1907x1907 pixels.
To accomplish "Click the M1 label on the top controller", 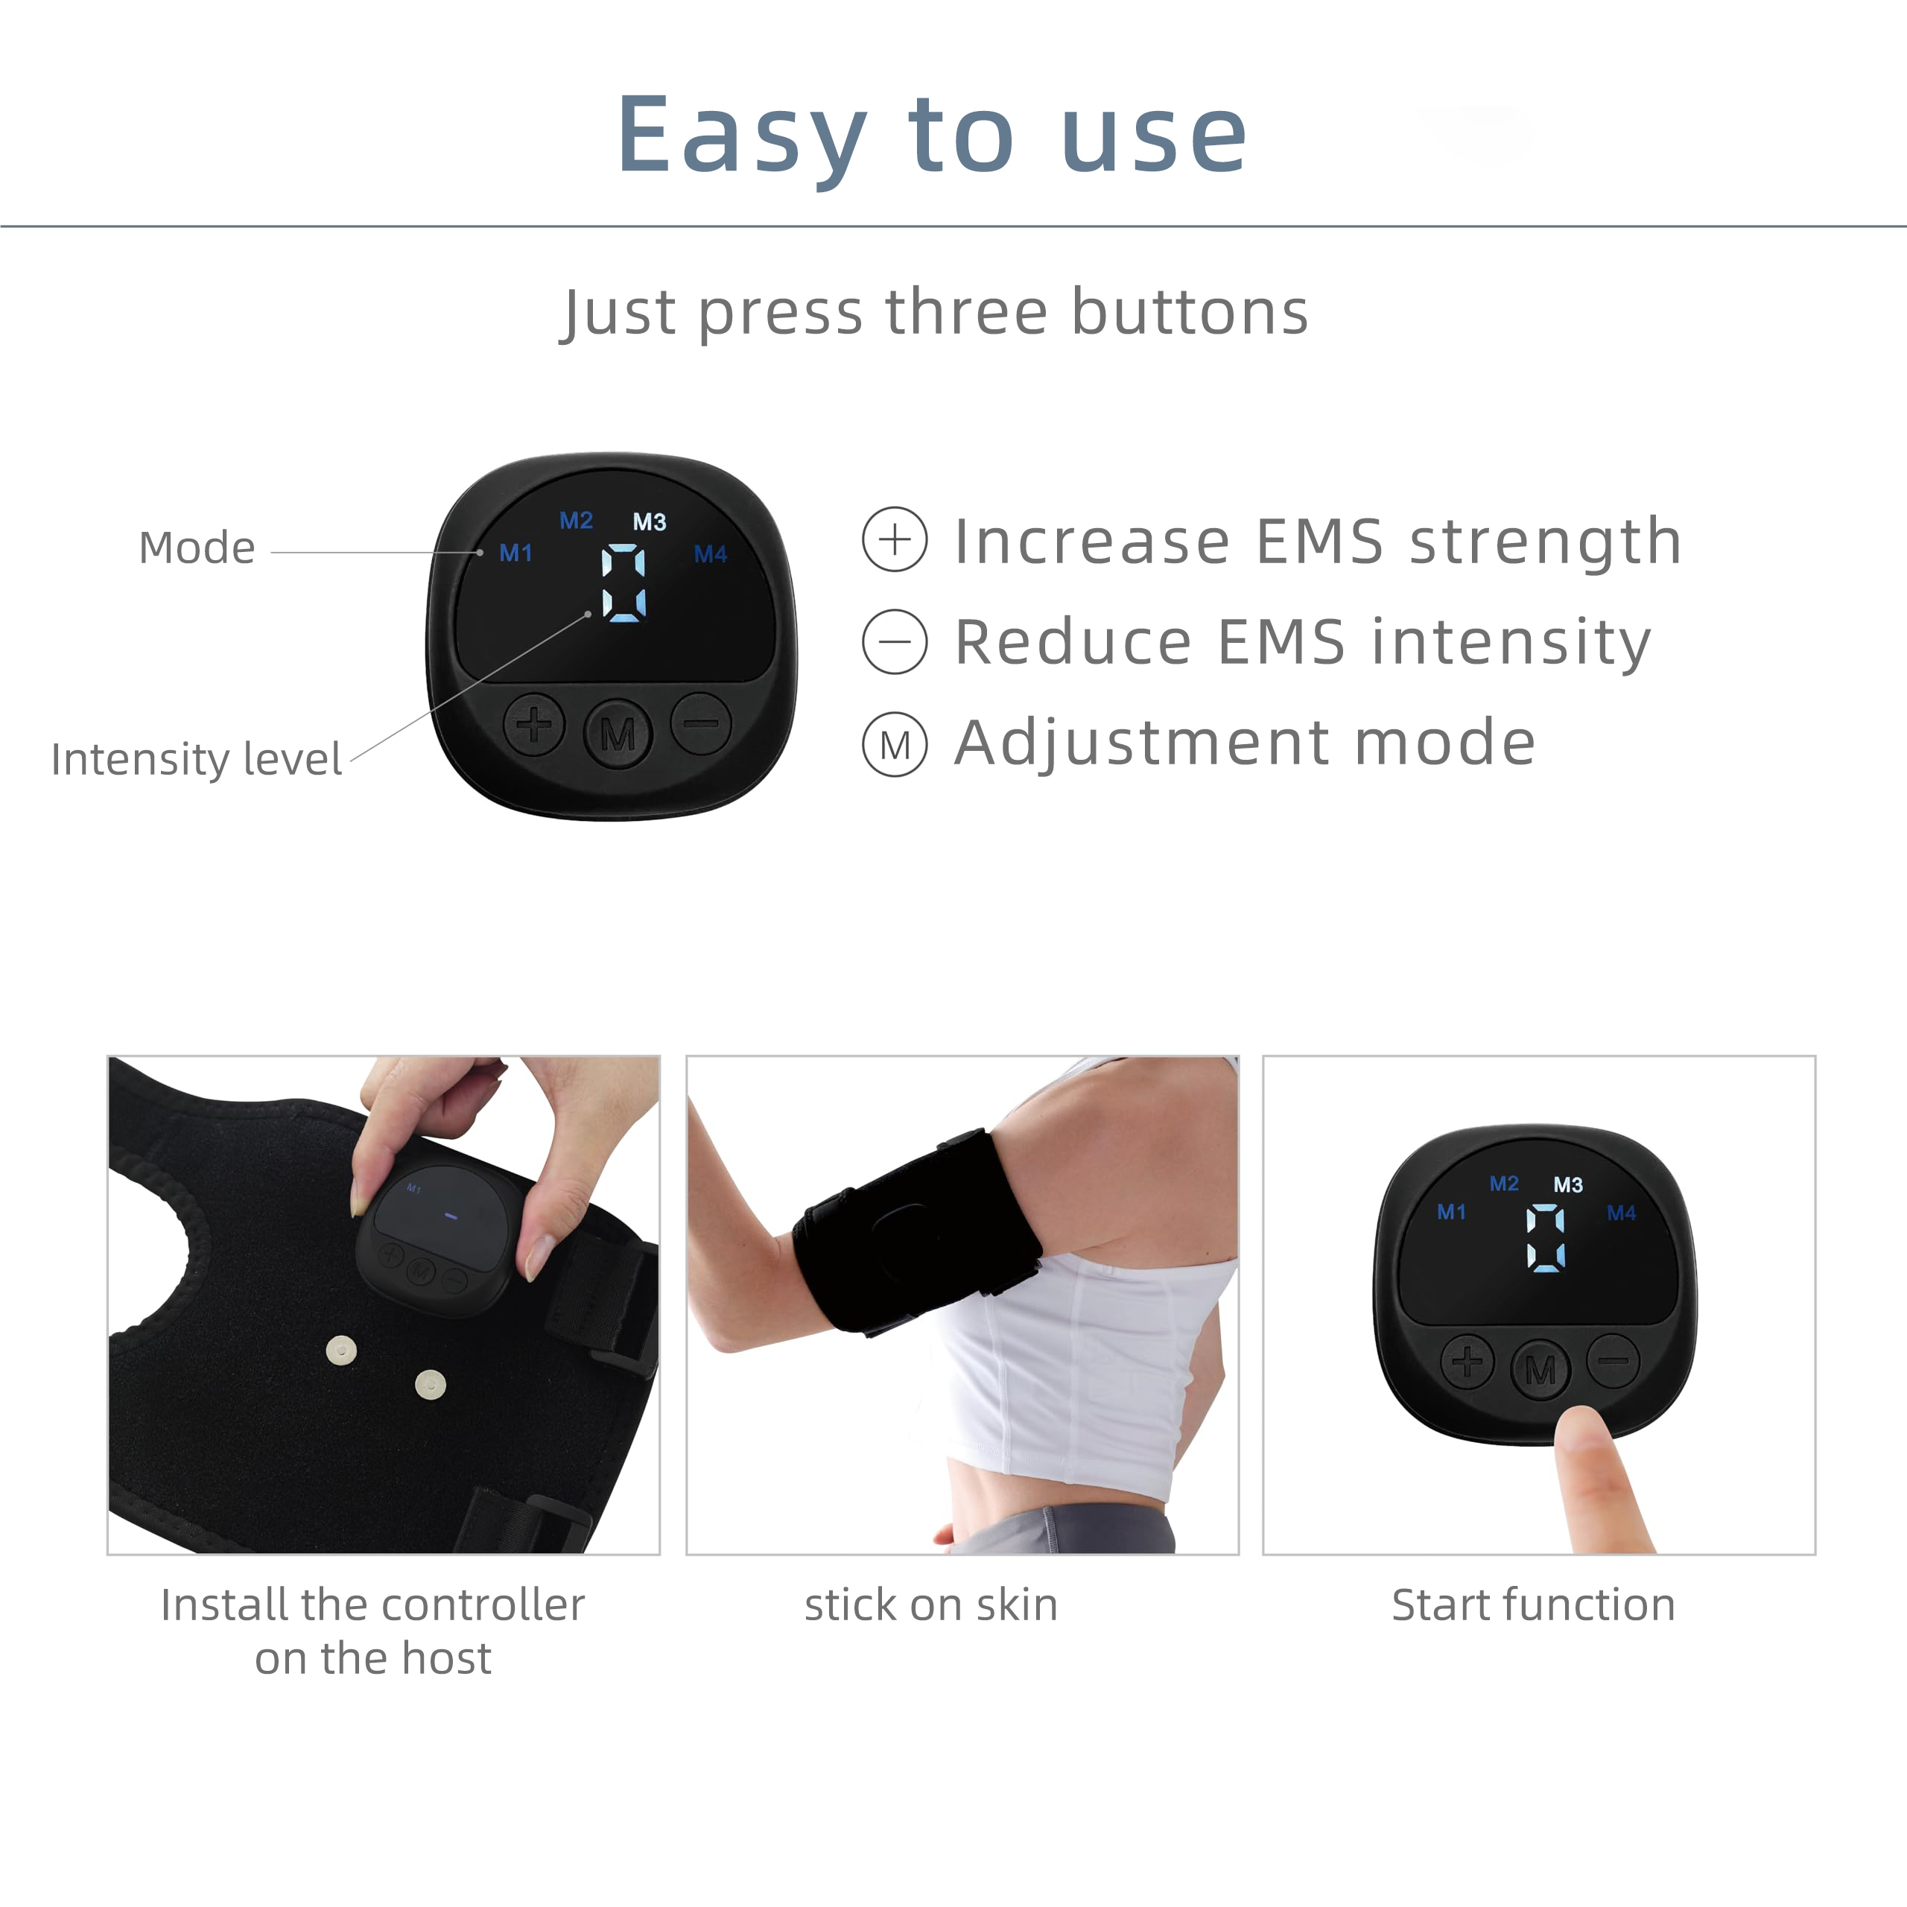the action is (515, 553).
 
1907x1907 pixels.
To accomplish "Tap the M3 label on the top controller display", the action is (650, 522).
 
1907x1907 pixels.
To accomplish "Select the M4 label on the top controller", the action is (711, 555).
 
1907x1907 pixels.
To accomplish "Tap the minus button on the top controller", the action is (702, 723).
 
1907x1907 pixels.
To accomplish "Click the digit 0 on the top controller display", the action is (623, 583).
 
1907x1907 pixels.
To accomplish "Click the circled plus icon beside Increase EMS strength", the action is (894, 540).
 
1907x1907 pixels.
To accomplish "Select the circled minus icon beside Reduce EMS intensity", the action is (894, 641).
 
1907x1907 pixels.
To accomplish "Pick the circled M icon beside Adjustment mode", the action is (894, 744).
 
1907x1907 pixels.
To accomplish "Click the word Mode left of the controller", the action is (197, 548).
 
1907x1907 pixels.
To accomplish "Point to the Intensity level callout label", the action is (197, 760).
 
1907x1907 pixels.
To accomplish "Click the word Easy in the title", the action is (742, 136).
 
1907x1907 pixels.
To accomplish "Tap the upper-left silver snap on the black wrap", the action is (341, 1351).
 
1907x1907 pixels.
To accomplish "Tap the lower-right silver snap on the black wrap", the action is (431, 1385).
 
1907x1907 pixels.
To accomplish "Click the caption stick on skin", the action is (931, 1605).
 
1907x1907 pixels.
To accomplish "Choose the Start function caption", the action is (1534, 1605).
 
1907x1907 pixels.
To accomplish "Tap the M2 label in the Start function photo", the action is (1504, 1184).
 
